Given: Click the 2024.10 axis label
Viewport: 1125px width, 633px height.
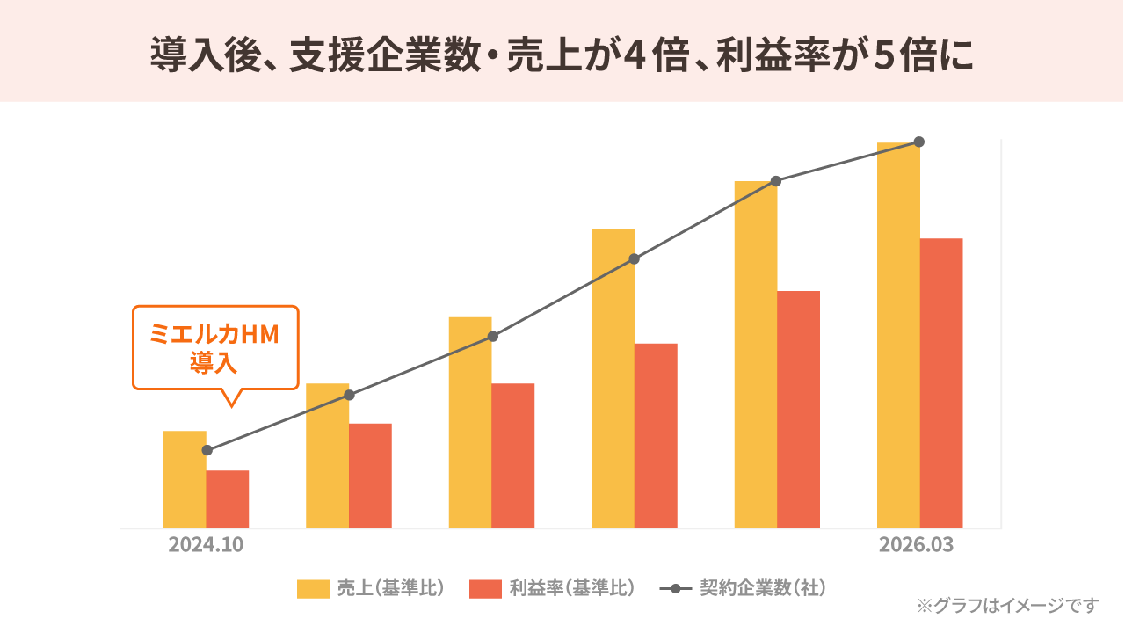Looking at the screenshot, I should click(206, 545).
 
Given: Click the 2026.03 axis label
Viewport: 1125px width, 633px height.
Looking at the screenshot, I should click(916, 545).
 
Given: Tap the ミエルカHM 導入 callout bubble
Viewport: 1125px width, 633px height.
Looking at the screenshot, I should click(215, 347).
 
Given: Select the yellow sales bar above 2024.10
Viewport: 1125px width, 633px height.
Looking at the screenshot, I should click(185, 479).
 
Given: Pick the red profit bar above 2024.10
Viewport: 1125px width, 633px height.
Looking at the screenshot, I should click(228, 498).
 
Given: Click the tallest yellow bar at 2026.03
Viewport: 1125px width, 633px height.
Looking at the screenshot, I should click(898, 334).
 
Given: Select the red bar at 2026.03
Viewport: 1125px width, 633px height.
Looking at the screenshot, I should click(941, 382).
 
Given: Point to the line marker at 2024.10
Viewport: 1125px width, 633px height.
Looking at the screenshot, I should click(207, 450).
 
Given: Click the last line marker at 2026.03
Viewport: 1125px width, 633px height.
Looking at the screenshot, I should click(919, 142).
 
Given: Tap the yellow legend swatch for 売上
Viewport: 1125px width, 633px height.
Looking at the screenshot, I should click(313, 588).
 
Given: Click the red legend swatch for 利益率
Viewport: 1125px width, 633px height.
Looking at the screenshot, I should click(485, 588).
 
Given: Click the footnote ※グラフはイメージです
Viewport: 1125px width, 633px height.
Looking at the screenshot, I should click(1007, 605).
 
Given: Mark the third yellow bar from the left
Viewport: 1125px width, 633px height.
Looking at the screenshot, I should click(470, 422).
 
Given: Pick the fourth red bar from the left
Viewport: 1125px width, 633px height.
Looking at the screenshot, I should click(656, 435).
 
